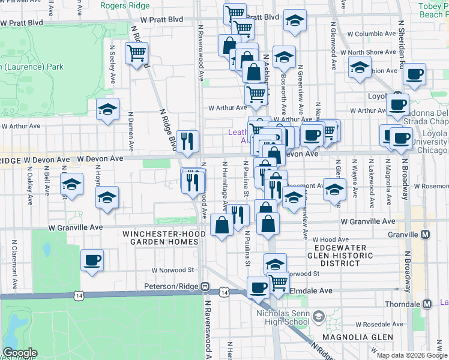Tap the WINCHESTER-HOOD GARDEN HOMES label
coord(160,238)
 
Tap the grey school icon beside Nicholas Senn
coord(319,316)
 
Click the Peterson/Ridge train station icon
coord(205,287)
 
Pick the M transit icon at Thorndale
coord(427,304)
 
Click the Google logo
coord(20,353)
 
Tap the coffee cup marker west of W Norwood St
coord(92,260)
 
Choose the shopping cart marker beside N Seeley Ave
coord(137,53)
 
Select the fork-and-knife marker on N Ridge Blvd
coord(188,141)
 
